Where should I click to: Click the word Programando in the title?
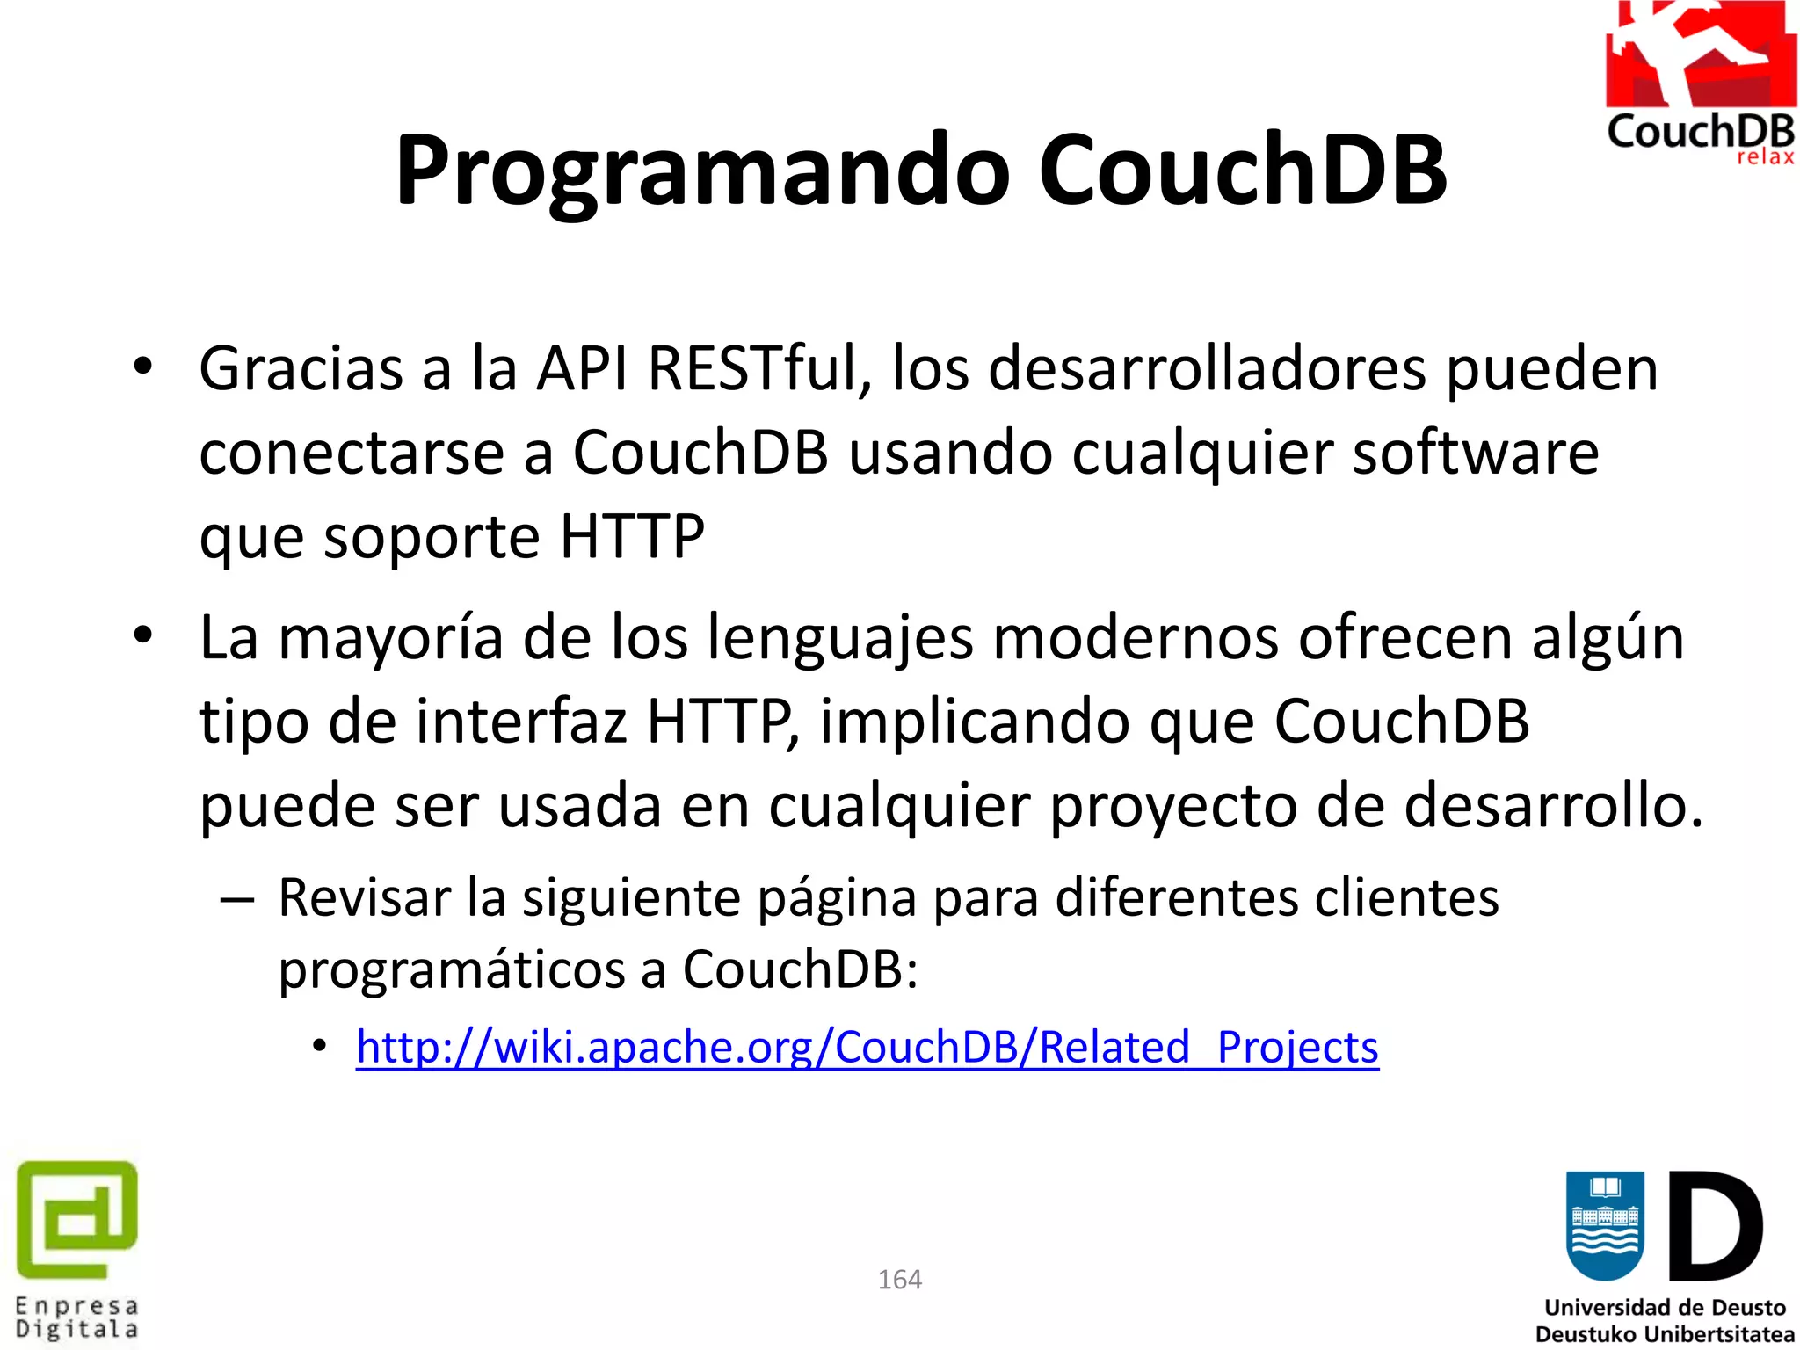(x=702, y=171)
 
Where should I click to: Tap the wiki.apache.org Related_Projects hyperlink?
(x=867, y=1047)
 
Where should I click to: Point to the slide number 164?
(x=899, y=1279)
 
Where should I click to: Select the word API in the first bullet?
(x=582, y=367)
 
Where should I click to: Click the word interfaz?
(x=520, y=721)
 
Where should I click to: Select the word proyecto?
(x=1172, y=806)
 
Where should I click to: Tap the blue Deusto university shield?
(x=1604, y=1225)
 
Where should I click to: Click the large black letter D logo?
(x=1714, y=1227)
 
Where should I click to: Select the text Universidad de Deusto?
(x=1665, y=1308)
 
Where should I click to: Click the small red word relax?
(x=1764, y=158)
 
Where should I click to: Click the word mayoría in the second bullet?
(x=390, y=638)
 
